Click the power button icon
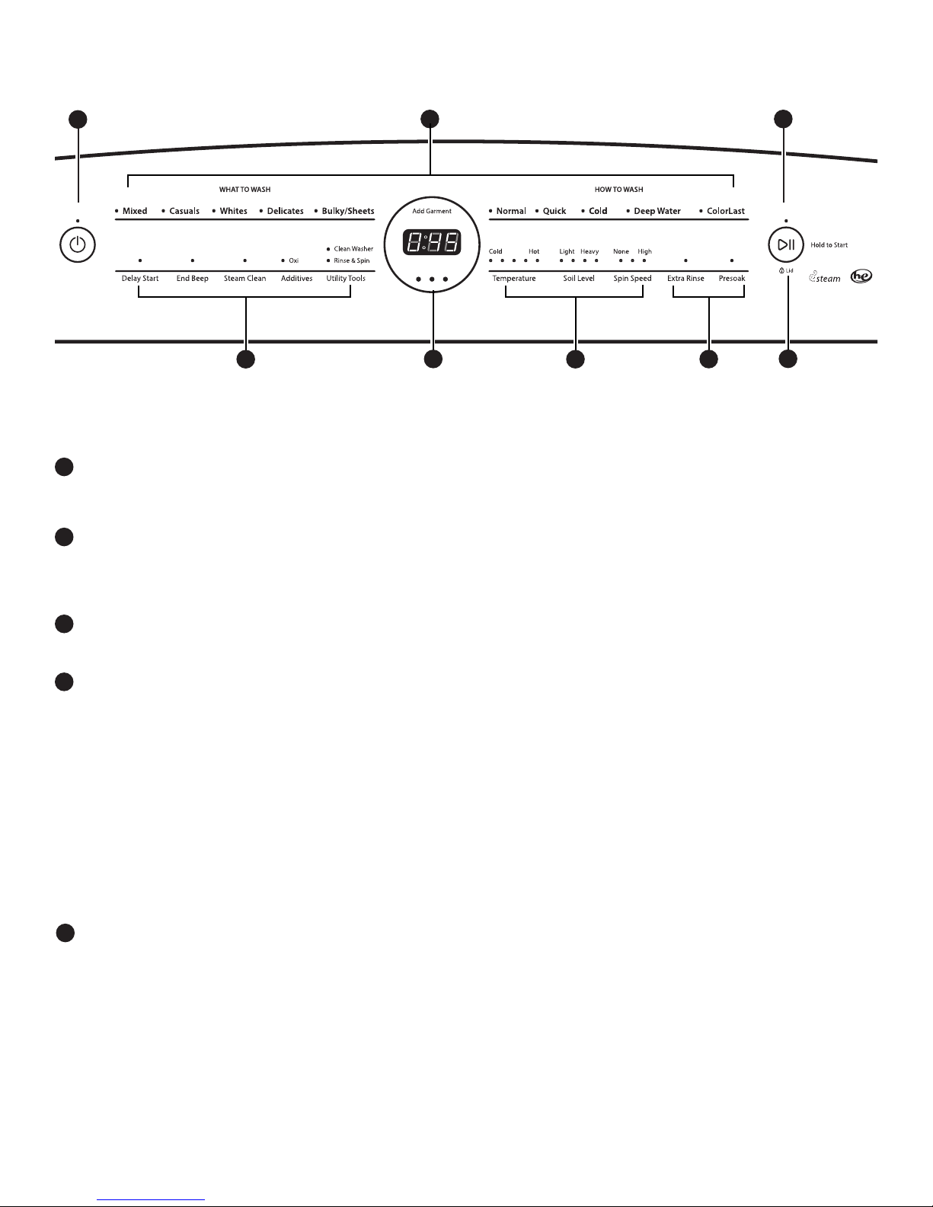click(77, 244)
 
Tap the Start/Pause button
click(786, 244)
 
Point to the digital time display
click(432, 242)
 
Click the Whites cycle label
click(233, 211)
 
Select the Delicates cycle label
click(285, 211)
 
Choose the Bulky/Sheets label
click(347, 211)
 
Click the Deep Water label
click(657, 211)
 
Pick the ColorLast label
click(725, 211)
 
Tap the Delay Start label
click(140, 278)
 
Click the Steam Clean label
click(245, 278)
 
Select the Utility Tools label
click(346, 278)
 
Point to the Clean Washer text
click(353, 249)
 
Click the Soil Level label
click(579, 278)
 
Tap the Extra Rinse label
click(685, 278)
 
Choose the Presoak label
click(731, 278)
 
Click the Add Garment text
click(432, 211)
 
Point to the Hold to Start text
click(829, 245)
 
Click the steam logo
click(825, 276)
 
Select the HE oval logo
click(861, 276)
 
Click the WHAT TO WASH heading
click(244, 190)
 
